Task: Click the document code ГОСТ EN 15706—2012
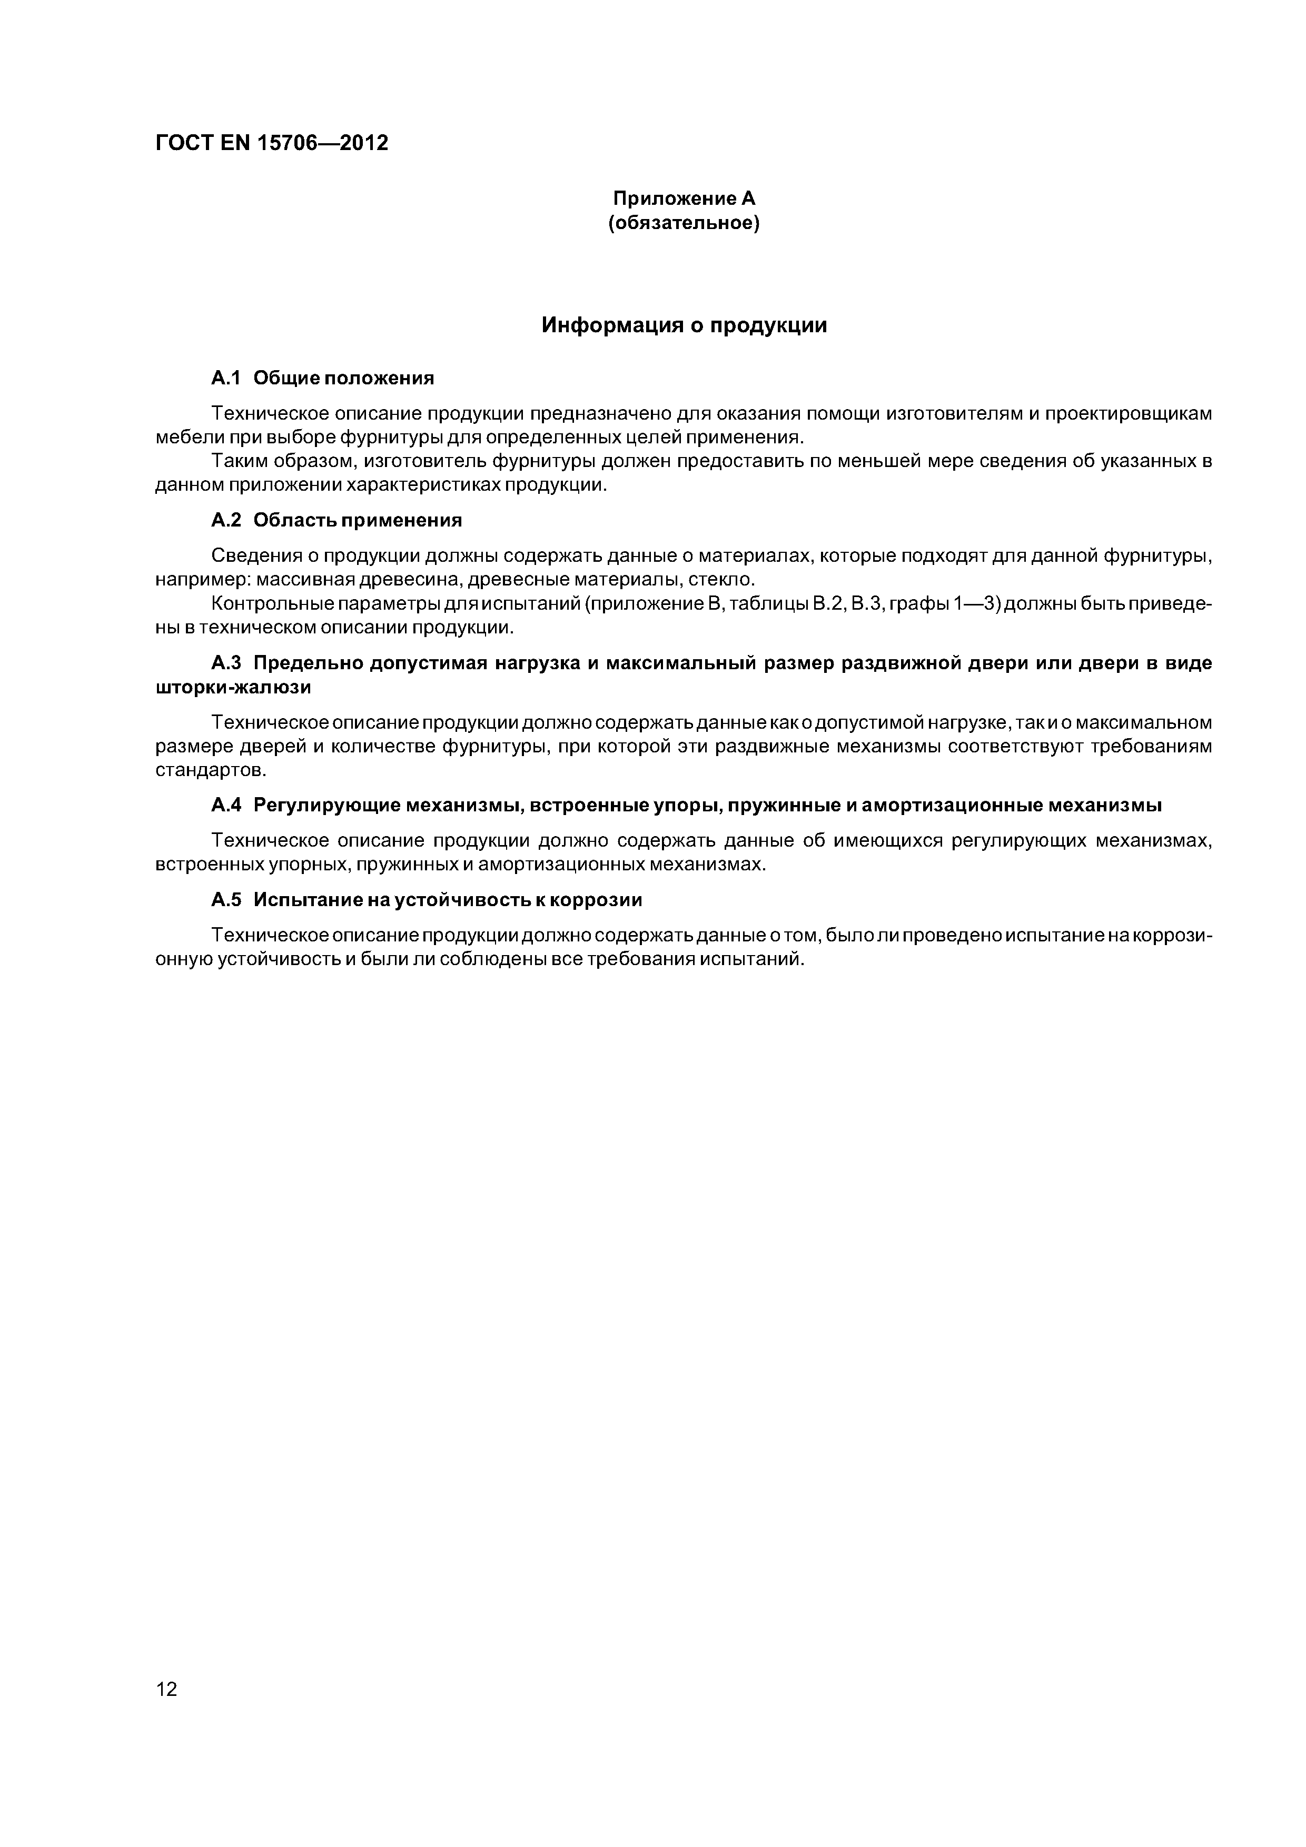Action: (271, 143)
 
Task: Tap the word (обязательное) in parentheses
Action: (684, 223)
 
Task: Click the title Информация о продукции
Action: (684, 326)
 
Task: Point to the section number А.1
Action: (226, 378)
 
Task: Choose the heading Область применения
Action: (357, 521)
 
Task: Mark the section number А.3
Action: (226, 663)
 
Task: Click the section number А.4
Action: (226, 805)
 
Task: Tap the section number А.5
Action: (226, 900)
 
